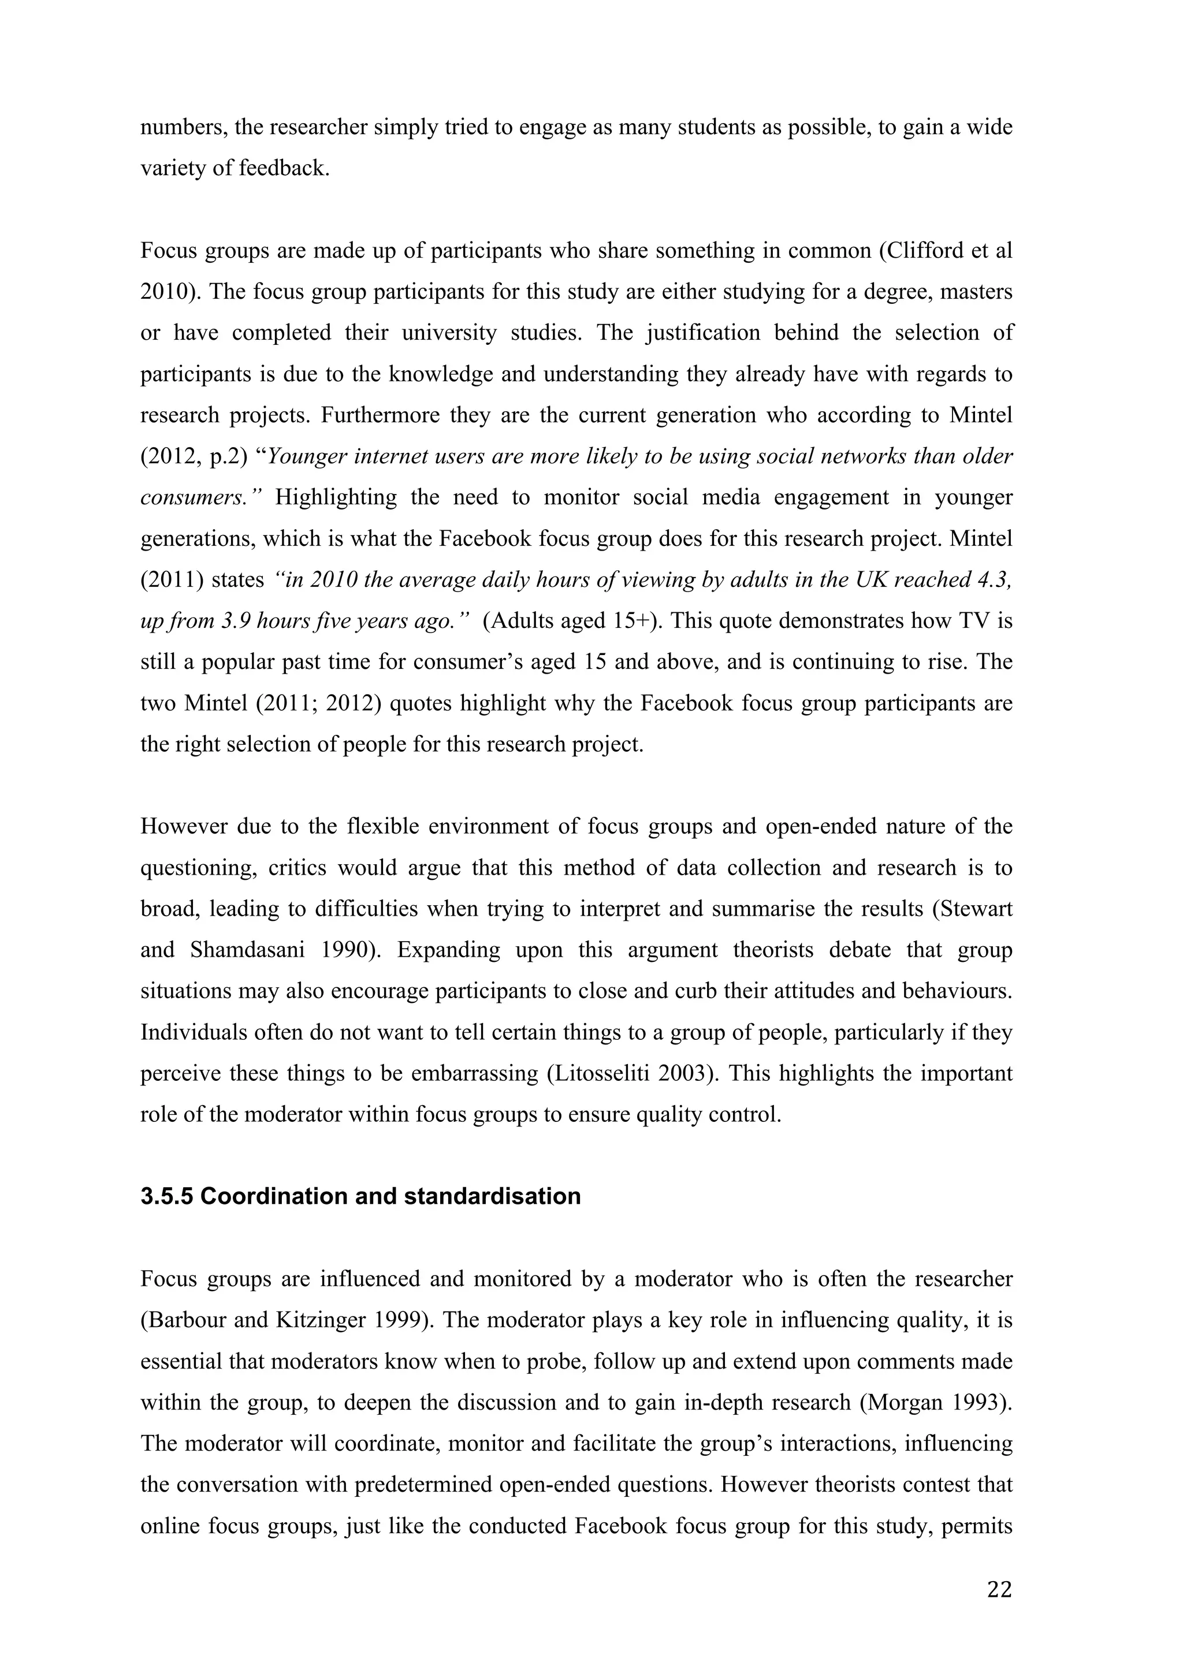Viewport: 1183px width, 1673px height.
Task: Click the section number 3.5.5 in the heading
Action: pyautogui.click(x=167, y=1196)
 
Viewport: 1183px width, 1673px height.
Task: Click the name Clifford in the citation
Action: pyautogui.click(x=921, y=251)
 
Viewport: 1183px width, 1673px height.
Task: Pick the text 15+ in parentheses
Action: pyautogui.click(x=630, y=622)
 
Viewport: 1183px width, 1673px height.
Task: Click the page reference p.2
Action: pyautogui.click(x=227, y=457)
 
